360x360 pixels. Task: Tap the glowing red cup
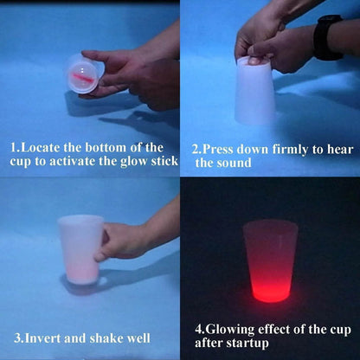click(270, 260)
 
